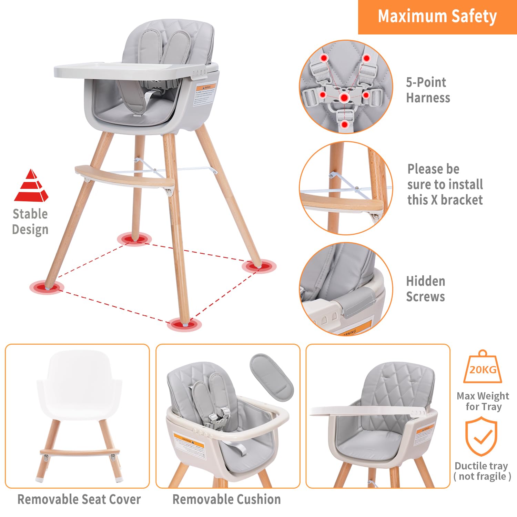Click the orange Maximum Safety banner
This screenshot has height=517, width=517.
click(437, 17)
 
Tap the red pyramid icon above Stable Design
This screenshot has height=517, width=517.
click(31, 186)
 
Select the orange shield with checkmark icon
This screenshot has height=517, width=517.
click(481, 436)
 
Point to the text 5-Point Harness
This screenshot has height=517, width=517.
click(428, 90)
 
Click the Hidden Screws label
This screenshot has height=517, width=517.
click(426, 289)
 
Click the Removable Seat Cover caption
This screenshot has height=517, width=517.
click(79, 499)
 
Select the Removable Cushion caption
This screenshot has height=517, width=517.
click(226, 499)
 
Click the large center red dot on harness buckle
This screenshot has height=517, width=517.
click(344, 98)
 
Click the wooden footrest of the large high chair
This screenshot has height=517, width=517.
click(124, 176)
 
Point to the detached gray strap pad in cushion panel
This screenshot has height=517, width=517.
click(272, 377)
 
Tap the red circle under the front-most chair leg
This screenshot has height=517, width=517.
click(184, 324)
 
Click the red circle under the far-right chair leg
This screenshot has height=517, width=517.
click(259, 266)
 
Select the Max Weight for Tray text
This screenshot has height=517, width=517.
click(483, 401)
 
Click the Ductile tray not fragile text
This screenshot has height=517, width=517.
click(482, 471)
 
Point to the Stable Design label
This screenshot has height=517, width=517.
click(30, 222)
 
